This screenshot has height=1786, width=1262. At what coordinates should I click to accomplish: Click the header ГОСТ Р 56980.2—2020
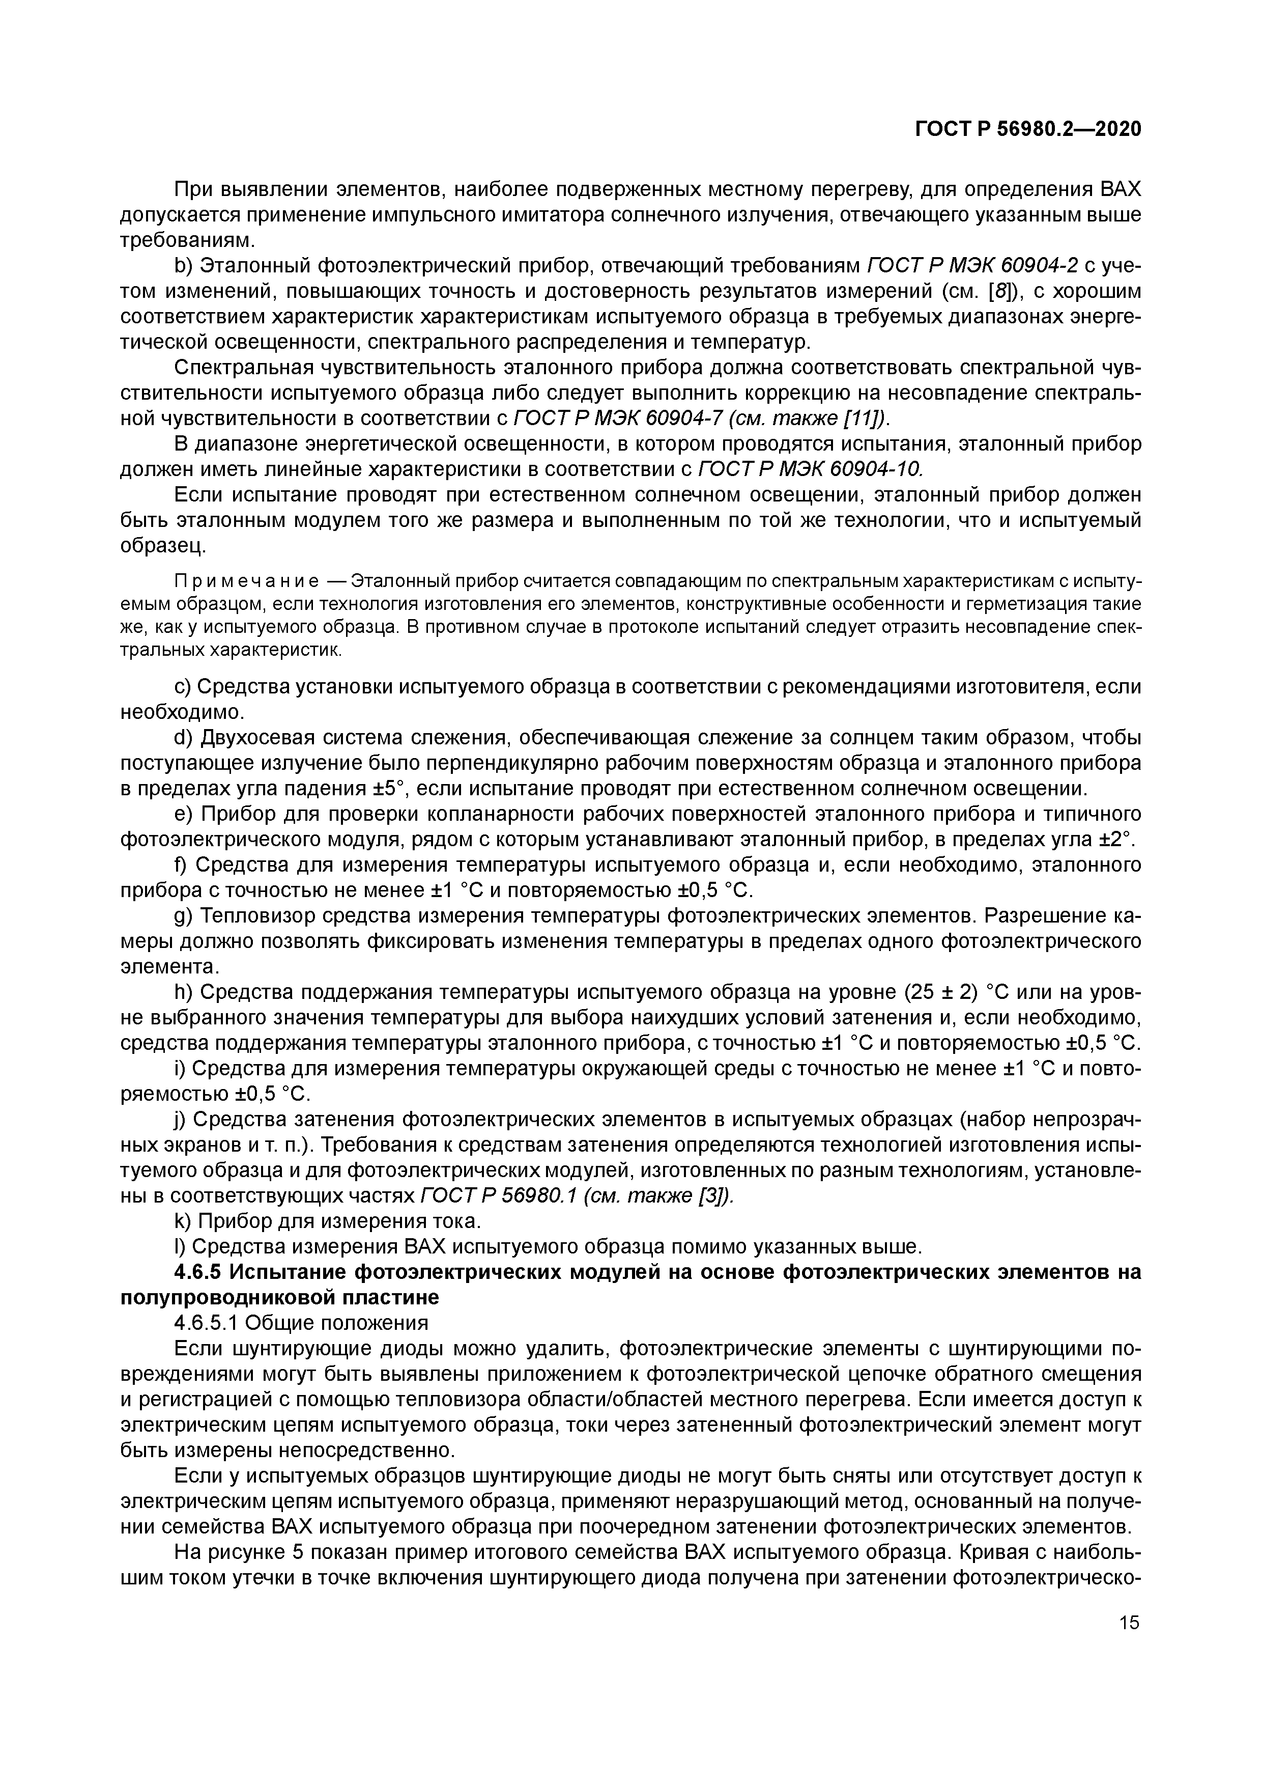(1027, 129)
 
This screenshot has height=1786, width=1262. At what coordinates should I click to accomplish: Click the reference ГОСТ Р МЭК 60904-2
(972, 266)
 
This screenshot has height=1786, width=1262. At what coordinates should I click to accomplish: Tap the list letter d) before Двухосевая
(183, 737)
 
